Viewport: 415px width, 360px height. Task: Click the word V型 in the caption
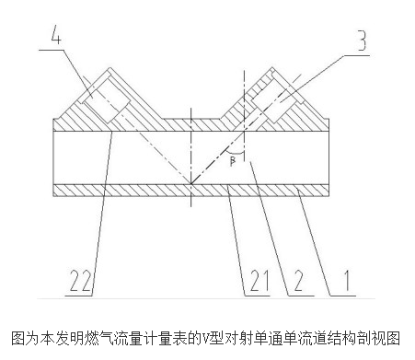click(218, 337)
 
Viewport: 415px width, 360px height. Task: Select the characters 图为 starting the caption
click(18, 337)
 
